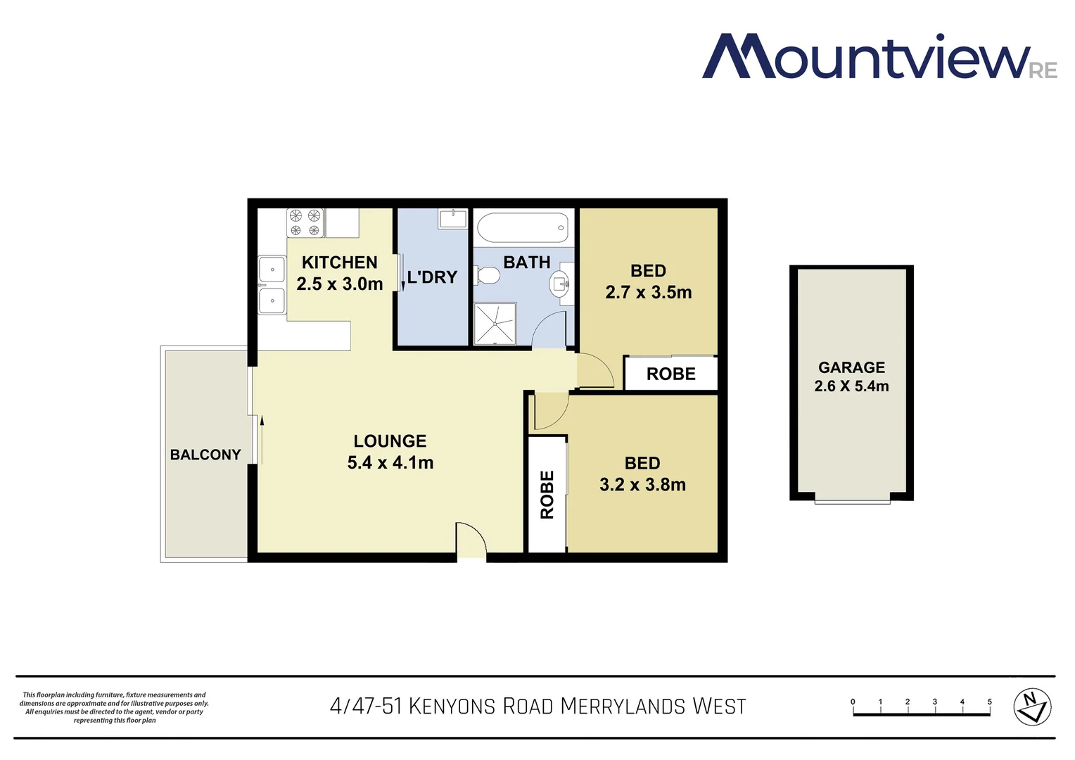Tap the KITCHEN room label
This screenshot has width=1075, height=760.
point(340,262)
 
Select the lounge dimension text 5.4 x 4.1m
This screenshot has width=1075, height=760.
point(390,462)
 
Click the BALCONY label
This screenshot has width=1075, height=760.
point(205,455)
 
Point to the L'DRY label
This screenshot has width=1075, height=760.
point(432,277)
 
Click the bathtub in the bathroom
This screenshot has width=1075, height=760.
point(522,228)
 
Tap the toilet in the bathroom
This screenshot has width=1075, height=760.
point(487,275)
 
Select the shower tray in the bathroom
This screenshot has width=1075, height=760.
point(495,324)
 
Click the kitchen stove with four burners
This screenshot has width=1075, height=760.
point(305,222)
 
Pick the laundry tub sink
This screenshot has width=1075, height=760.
point(452,219)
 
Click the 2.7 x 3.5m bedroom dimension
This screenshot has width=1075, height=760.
point(648,292)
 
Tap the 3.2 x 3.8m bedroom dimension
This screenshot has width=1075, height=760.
point(642,485)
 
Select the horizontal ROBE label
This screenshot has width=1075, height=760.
point(670,374)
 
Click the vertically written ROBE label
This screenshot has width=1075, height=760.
point(547,495)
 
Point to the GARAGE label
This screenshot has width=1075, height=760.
point(851,367)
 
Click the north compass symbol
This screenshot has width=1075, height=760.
point(1031,707)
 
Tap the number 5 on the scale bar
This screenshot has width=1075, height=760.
point(989,702)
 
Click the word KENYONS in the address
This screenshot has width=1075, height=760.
point(452,706)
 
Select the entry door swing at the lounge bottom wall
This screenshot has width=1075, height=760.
point(471,540)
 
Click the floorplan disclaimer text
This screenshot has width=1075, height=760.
point(114,707)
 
